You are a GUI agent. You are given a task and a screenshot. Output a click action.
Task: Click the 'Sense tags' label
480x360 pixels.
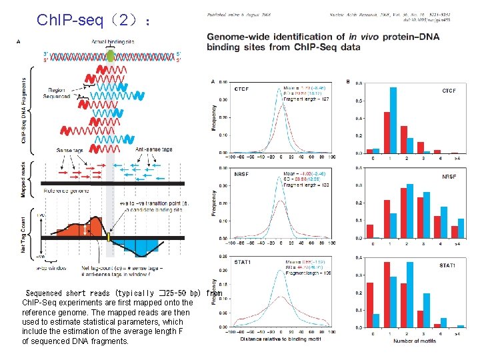pos(69,149)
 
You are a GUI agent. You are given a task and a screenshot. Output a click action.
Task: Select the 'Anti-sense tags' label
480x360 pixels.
pos(154,149)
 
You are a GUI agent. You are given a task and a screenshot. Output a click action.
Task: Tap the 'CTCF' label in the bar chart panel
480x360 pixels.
pos(449,91)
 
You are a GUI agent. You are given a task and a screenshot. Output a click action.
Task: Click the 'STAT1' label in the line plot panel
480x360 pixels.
pos(243,263)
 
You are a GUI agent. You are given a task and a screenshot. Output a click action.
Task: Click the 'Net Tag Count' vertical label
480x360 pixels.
pos(24,233)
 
